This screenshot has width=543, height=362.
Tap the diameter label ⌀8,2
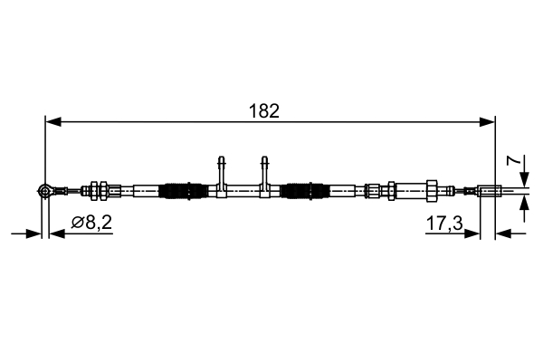click(x=91, y=222)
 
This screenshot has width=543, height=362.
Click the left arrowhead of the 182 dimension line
click(x=52, y=120)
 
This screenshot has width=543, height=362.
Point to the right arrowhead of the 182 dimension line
click(x=489, y=120)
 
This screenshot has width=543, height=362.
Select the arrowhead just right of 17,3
click(x=473, y=233)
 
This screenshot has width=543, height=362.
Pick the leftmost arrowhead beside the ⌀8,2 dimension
click(x=36, y=233)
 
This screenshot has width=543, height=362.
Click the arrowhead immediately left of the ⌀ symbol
click(x=55, y=233)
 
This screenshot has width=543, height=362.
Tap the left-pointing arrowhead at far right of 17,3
click(x=503, y=233)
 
